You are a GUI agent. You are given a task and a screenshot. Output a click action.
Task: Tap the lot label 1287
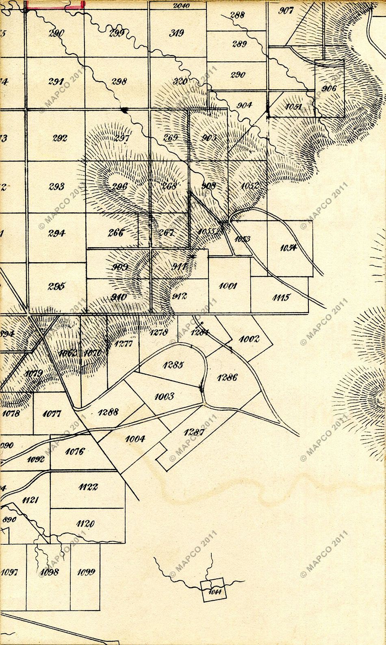(x=194, y=432)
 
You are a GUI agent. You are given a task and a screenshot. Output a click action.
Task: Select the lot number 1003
(x=164, y=396)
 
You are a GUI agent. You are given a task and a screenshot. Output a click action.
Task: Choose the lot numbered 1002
(x=249, y=339)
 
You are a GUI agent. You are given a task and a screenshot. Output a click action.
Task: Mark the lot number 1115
(x=280, y=298)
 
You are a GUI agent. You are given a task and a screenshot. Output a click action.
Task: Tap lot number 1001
(x=228, y=286)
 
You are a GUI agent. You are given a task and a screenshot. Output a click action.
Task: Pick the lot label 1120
(x=85, y=524)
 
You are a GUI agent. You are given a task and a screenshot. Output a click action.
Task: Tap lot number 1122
(x=89, y=487)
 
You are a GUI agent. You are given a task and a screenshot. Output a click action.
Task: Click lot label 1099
(x=86, y=572)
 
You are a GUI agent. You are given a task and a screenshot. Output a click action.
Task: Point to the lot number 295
(x=56, y=286)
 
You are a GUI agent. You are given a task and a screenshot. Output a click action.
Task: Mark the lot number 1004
(x=135, y=439)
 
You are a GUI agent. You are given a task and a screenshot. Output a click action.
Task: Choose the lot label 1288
(x=108, y=412)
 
